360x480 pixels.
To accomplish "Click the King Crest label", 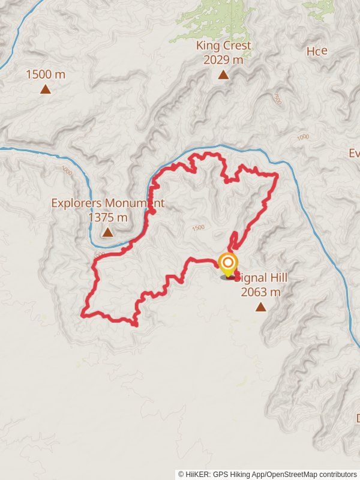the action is [223, 46].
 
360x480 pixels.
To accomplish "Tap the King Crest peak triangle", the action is [223, 75].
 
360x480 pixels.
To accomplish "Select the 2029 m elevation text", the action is [223, 59].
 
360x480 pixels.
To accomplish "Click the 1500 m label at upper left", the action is [46, 74].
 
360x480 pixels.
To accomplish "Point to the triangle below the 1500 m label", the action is [46, 89].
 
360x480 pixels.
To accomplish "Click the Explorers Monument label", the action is [107, 203].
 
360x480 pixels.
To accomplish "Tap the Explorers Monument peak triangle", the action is [107, 232].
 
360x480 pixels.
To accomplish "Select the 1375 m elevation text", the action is [107, 217].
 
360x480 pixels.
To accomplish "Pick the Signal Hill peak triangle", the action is [260, 307].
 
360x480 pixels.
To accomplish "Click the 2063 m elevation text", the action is [260, 292].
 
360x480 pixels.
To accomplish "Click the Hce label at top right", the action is [317, 51].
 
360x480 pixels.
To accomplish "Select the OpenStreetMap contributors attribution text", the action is [311, 474].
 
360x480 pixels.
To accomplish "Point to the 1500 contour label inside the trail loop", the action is [199, 227].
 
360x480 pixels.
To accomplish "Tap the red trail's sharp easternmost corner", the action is [277, 175].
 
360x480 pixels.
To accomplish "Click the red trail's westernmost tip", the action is [82, 313].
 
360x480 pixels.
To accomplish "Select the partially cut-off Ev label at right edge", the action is [354, 153].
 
